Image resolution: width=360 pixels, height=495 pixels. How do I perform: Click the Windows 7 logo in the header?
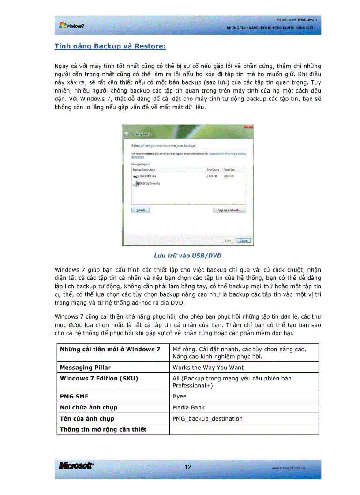[x=71, y=26]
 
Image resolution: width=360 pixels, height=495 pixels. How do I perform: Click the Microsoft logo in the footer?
[x=76, y=466]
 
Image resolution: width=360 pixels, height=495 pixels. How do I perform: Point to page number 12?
[x=188, y=467]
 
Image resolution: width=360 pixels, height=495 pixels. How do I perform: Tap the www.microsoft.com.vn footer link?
[x=289, y=468]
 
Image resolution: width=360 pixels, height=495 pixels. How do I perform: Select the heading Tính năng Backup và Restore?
[x=110, y=46]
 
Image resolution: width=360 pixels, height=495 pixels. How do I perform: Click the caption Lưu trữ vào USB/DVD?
[x=187, y=256]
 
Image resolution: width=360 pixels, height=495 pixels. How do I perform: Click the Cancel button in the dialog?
[x=244, y=241]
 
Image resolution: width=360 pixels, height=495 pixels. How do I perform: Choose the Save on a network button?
[x=229, y=210]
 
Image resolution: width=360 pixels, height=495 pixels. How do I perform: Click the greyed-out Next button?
[x=228, y=241]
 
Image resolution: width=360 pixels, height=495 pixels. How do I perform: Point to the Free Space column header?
[x=213, y=169]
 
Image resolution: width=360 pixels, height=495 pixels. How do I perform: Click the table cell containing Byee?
[x=180, y=396]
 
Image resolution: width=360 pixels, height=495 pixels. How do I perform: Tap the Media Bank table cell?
[x=189, y=407]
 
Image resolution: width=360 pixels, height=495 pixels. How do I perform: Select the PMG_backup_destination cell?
[x=207, y=418]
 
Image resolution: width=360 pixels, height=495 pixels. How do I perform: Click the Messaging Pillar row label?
[x=85, y=367]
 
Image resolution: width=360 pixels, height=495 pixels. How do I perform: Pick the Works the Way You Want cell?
[x=208, y=367]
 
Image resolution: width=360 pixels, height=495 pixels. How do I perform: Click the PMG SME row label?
[x=74, y=396]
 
